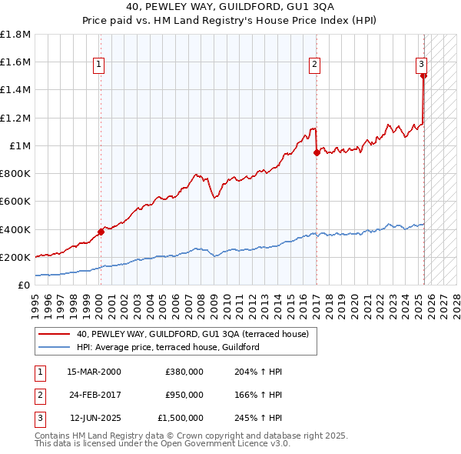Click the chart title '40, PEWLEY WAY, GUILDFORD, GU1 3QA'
tap(230, 8)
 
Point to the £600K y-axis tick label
tap(15, 201)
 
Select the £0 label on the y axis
tap(24, 285)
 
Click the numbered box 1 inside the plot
tap(100, 65)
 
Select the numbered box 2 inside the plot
tap(315, 65)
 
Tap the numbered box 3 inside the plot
tap(422, 65)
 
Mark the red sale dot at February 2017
tap(317, 152)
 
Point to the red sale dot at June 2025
tap(423, 76)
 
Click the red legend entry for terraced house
tap(192, 334)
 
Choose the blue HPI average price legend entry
tap(167, 347)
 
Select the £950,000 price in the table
tap(184, 395)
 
